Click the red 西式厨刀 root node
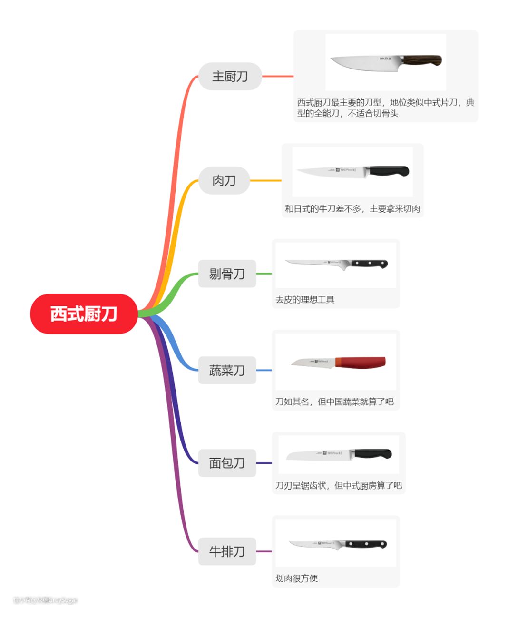click(x=84, y=314)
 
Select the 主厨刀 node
click(x=230, y=76)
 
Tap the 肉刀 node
click(x=224, y=181)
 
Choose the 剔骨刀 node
click(x=227, y=274)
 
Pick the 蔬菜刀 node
click(x=227, y=370)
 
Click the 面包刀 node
click(x=227, y=463)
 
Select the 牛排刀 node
click(x=227, y=551)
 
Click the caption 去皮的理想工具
click(x=305, y=300)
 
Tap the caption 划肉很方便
click(x=296, y=579)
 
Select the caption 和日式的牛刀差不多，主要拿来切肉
click(x=352, y=209)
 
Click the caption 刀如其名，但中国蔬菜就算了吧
click(x=334, y=402)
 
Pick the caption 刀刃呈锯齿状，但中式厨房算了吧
click(x=338, y=486)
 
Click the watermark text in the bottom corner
click(x=46, y=600)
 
